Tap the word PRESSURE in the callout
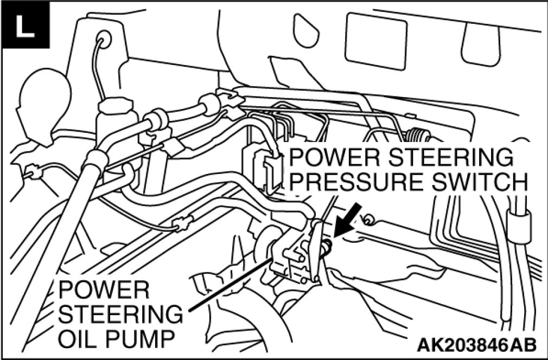tap(347, 182)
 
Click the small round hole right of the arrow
tap(369, 220)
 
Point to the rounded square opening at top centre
tap(375, 41)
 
